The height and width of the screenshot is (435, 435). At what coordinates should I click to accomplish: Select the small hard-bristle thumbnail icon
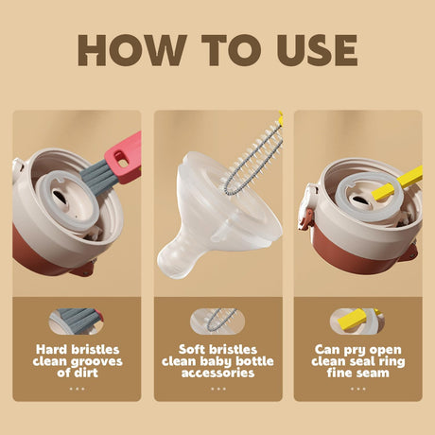[x=77, y=321]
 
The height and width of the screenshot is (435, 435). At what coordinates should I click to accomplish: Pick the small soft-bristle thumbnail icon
[x=218, y=320]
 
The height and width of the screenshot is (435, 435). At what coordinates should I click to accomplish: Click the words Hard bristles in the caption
[x=77, y=349]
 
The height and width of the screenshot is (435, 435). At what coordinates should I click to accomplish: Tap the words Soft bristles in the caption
[x=218, y=349]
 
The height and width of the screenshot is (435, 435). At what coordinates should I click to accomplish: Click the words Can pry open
[x=357, y=349]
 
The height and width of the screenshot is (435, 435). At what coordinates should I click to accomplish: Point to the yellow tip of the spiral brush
[x=280, y=120]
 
